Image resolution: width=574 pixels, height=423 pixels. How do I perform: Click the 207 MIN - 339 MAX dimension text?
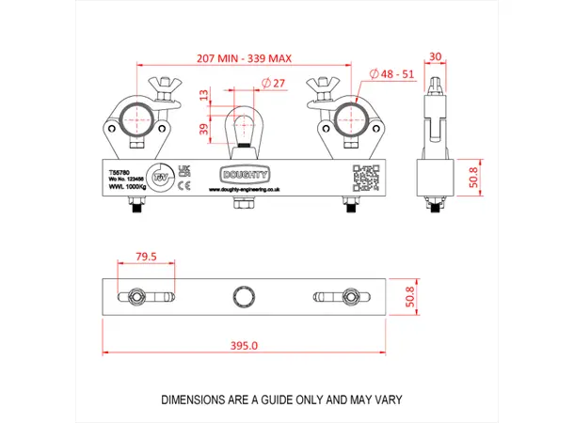point(244,58)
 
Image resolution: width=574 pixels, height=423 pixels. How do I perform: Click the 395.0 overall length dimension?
point(244,346)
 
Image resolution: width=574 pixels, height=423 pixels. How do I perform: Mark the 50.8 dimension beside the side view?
point(475,176)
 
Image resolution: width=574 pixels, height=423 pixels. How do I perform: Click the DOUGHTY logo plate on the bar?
point(245,174)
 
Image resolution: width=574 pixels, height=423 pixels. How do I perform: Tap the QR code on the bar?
point(363,176)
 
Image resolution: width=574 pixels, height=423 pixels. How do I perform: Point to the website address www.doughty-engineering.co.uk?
point(245,190)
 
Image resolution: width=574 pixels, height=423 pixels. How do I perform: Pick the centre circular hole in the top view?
point(245,295)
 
